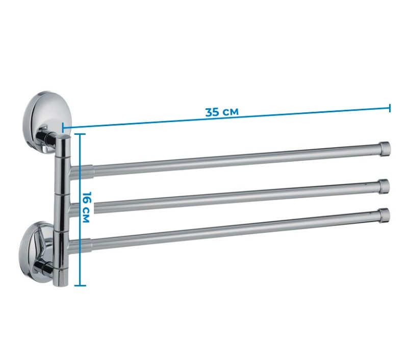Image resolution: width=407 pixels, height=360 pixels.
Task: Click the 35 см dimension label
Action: click(x=222, y=112)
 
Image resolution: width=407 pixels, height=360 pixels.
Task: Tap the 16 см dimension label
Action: click(x=86, y=207)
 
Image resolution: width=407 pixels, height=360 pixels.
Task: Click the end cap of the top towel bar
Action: click(x=385, y=149)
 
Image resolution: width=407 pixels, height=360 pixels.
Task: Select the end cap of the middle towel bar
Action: click(x=384, y=186)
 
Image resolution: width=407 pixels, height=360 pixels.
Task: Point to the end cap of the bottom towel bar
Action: click(x=384, y=215)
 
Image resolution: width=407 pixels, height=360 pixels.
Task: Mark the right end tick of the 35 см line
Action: click(x=390, y=108)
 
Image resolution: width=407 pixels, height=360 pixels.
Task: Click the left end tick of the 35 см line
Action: click(x=63, y=128)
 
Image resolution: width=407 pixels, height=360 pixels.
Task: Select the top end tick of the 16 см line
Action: click(x=80, y=134)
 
